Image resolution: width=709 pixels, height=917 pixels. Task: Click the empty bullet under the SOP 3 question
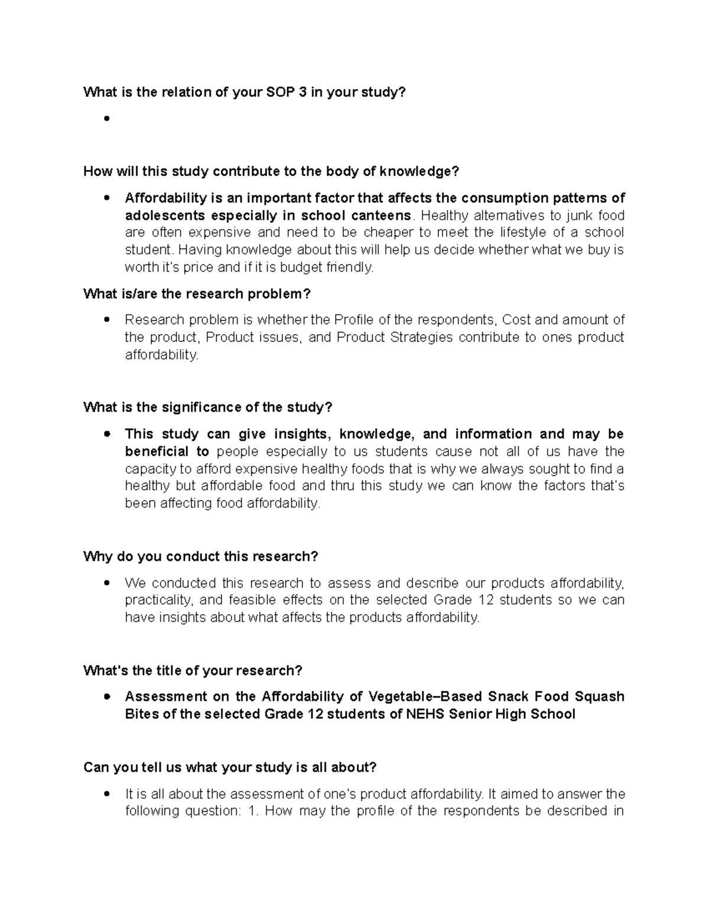click(x=106, y=118)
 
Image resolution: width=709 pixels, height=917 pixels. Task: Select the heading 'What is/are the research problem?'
click(x=197, y=294)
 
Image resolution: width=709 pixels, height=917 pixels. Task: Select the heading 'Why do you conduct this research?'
click(x=201, y=557)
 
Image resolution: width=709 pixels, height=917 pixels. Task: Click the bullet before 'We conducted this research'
click(x=106, y=583)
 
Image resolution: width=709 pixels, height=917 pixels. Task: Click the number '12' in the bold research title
click(x=314, y=714)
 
